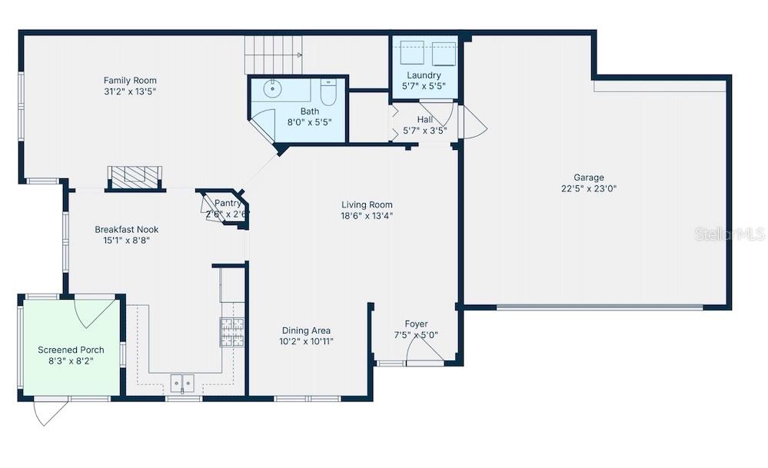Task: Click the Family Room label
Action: [130, 80]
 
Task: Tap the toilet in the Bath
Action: [328, 93]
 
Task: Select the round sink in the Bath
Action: [274, 89]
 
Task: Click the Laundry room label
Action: [424, 75]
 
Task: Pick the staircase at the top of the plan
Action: [274, 55]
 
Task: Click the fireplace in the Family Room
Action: [135, 177]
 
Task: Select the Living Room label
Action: [367, 204]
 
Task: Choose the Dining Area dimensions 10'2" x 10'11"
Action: [306, 341]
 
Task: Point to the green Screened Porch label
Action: [71, 350]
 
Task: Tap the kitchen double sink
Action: [182, 381]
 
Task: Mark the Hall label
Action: [424, 120]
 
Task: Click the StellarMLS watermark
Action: [730, 234]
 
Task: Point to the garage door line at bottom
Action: [600, 307]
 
